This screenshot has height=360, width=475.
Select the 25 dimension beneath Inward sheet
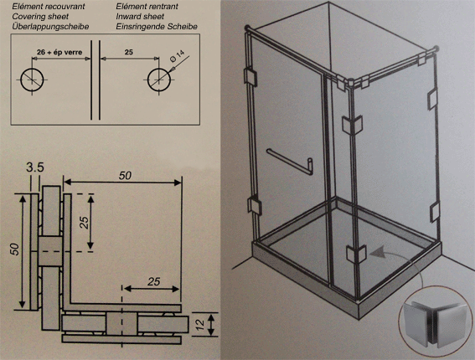(129, 53)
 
